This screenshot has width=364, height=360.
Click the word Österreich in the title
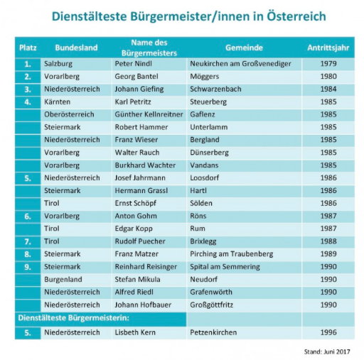(296, 16)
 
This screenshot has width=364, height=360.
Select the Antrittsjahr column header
(328, 48)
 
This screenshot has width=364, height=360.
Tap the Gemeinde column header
(244, 48)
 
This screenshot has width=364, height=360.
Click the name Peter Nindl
(133, 64)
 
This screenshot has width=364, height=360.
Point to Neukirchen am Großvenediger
(240, 64)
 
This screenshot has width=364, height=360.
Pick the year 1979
(328, 64)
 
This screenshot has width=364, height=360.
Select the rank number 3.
(28, 89)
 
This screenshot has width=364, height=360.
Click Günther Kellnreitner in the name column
(149, 114)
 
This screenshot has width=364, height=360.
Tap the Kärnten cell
(57, 102)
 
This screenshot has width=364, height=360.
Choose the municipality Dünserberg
(209, 153)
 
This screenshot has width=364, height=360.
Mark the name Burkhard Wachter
(145, 165)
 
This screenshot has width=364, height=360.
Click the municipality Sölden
(201, 203)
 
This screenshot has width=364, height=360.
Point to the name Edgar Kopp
(134, 229)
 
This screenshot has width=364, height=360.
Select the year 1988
(328, 241)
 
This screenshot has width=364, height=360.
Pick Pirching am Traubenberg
(231, 254)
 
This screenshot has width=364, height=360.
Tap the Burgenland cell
(63, 280)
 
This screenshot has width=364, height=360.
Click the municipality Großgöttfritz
(211, 305)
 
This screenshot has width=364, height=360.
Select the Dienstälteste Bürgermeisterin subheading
(74, 317)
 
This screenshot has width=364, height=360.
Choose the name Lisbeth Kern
(135, 332)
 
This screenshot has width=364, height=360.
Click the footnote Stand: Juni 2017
(327, 351)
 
